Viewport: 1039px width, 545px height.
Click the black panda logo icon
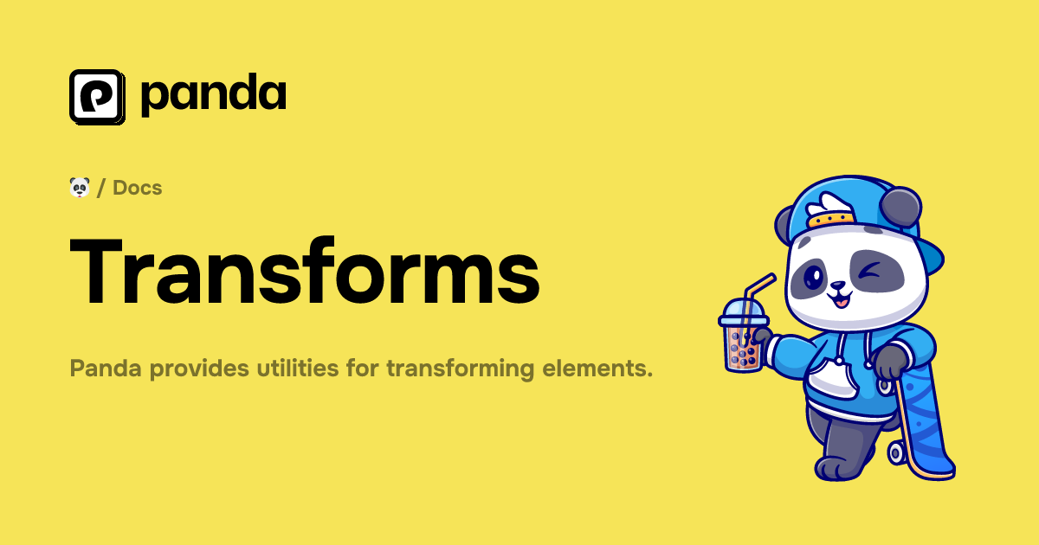pos(97,96)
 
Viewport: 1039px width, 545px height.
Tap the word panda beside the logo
pos(213,95)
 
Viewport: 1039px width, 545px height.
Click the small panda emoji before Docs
pos(80,187)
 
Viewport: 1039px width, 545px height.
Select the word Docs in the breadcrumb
pos(138,187)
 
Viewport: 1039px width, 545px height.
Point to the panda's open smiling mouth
pos(838,300)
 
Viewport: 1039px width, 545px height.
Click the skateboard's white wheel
pos(897,452)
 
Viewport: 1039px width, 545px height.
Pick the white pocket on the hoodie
pos(836,381)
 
